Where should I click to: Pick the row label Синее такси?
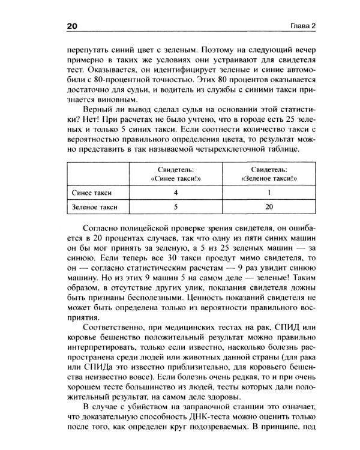[92, 193]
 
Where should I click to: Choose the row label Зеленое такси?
[95, 208]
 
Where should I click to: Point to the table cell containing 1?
[269, 193]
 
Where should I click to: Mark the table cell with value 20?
[269, 208]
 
